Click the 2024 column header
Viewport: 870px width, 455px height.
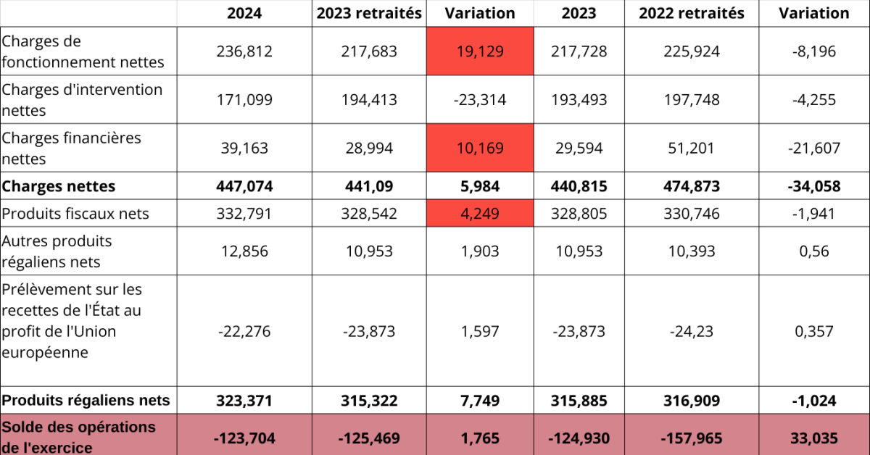tap(244, 13)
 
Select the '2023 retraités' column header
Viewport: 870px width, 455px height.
tap(369, 13)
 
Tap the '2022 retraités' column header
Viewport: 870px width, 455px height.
tap(692, 13)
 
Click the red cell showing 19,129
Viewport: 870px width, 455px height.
tap(480, 51)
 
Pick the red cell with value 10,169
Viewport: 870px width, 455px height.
tap(480, 148)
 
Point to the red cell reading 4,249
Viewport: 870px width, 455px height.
tap(480, 214)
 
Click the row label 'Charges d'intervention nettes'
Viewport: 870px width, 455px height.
tap(82, 100)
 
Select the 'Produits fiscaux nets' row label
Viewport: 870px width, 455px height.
tap(75, 214)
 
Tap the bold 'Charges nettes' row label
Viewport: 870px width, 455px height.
tap(59, 186)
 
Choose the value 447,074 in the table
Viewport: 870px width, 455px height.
tap(244, 186)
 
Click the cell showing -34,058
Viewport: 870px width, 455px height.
tap(814, 186)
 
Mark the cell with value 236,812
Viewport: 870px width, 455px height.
tap(244, 51)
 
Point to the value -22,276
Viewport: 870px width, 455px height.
tap(244, 331)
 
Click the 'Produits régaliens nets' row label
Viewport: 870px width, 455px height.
tap(86, 400)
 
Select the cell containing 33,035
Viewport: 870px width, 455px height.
tap(814, 438)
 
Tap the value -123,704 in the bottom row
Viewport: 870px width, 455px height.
tap(244, 438)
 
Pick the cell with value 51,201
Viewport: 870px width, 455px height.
tap(692, 148)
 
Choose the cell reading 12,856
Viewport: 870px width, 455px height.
tap(244, 251)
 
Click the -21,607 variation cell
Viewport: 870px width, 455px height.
tap(814, 148)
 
